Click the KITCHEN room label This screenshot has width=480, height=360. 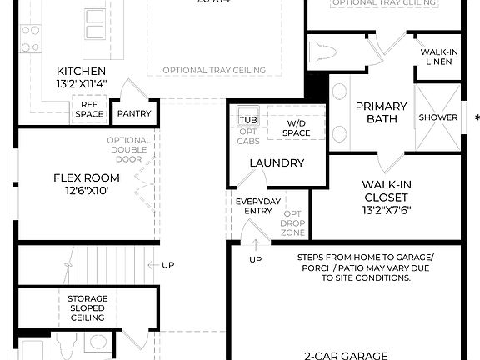click(81, 71)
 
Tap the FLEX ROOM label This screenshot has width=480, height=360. click(87, 177)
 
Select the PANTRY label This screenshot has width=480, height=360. click(133, 113)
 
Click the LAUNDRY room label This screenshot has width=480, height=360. click(277, 162)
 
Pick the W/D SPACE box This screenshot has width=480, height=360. click(296, 128)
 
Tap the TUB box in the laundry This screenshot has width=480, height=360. click(247, 118)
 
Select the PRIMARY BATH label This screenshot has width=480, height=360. click(381, 112)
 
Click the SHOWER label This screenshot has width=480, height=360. click(437, 117)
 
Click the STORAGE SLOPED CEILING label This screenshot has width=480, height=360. click(87, 307)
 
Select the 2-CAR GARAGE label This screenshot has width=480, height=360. click(345, 355)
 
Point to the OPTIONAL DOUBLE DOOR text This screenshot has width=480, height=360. click(129, 151)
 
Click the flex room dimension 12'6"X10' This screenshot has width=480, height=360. click(87, 191)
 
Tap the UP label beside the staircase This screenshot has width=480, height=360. click(168, 265)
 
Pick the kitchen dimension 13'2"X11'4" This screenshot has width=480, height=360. click(81, 84)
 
